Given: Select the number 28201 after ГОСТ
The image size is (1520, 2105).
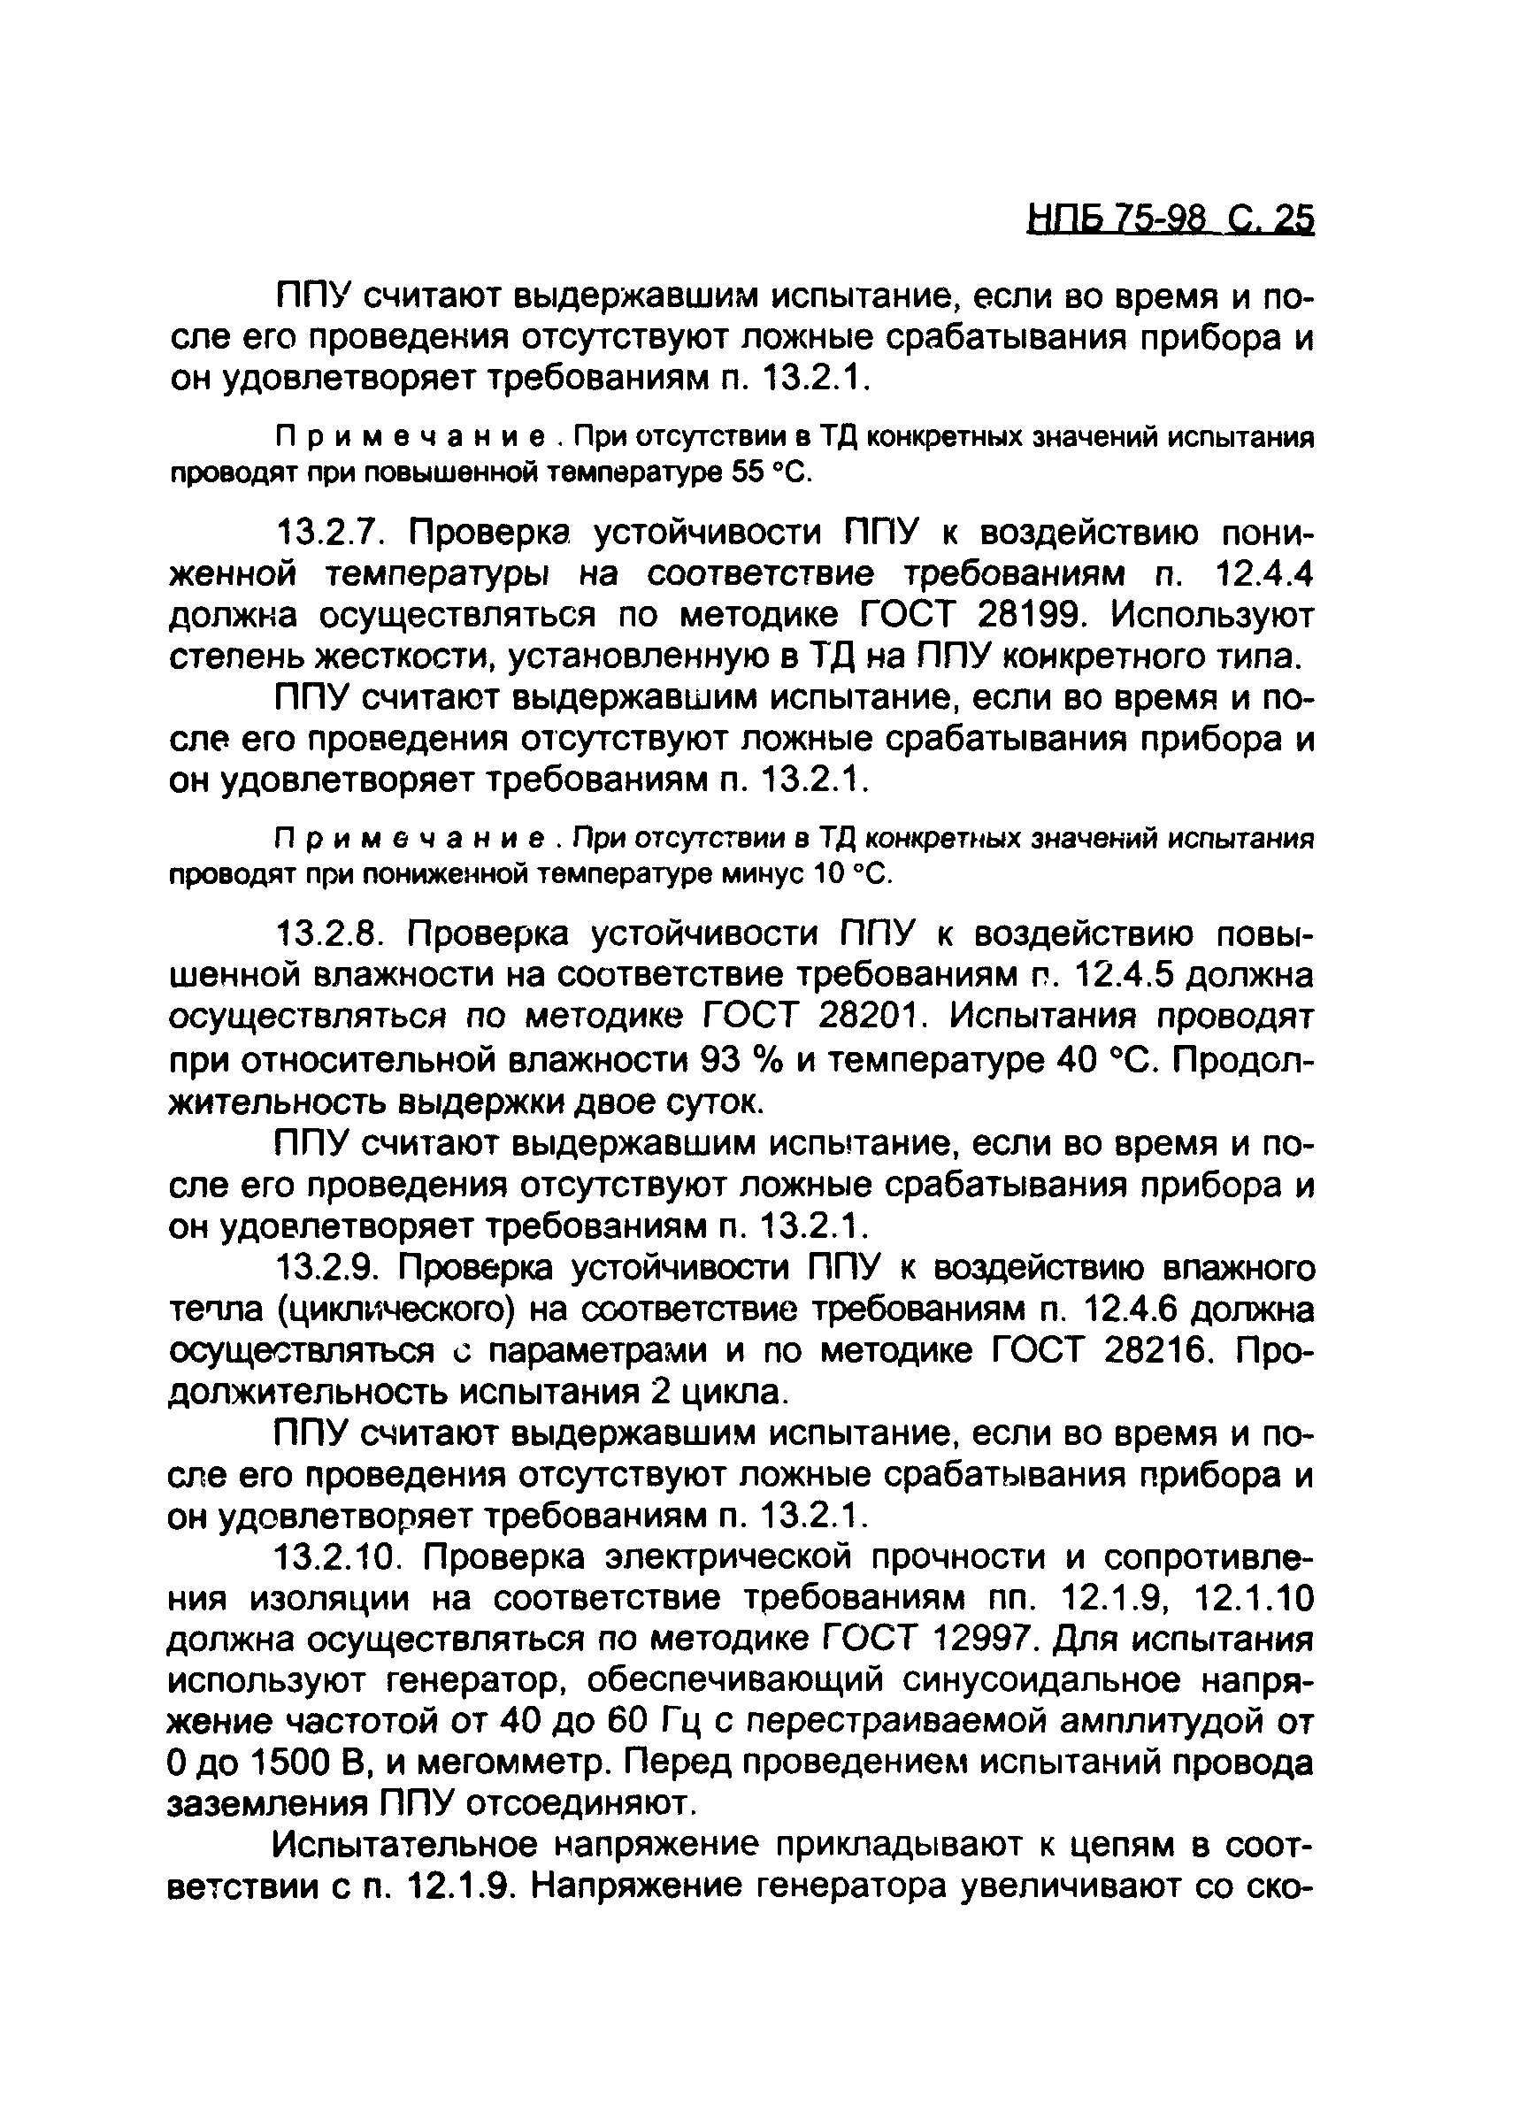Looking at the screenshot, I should (x=873, y=1017).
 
